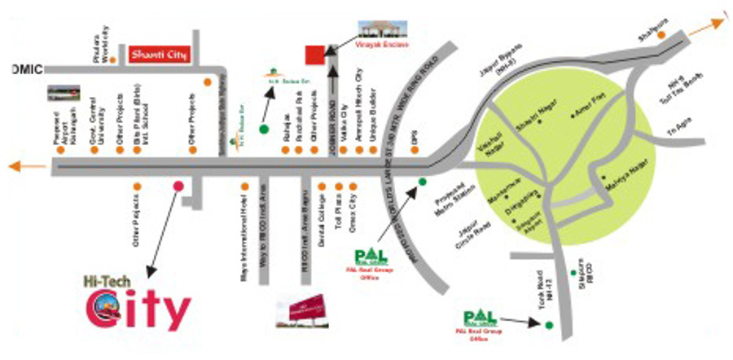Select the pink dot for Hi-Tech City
(178, 186)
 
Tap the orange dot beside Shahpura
(662, 35)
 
